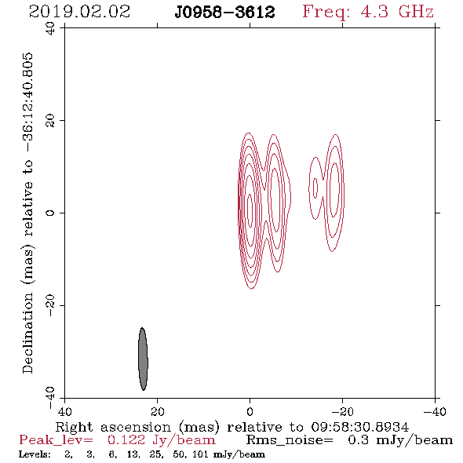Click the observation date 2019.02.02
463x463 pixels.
click(79, 12)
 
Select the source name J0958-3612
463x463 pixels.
click(224, 13)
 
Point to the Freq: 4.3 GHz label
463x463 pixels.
click(368, 13)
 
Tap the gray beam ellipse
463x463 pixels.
click(143, 359)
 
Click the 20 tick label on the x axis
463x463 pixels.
click(157, 411)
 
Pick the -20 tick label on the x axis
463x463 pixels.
click(342, 411)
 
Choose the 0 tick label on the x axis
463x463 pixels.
click(250, 411)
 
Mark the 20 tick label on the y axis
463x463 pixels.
click(50, 121)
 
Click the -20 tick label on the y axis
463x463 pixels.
click(50, 305)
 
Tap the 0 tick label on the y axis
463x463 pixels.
click(50, 213)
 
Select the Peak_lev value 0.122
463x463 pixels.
click(126, 440)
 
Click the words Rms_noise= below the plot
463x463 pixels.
click(290, 440)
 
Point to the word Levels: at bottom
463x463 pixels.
click(35, 454)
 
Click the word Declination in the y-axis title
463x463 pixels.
click(27, 334)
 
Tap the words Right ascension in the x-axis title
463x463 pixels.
click(113, 427)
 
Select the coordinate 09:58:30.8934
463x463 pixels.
click(360, 427)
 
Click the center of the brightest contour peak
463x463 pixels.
click(250, 210)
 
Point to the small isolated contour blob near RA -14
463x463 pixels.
click(315, 188)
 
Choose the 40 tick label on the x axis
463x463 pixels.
click(64, 411)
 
